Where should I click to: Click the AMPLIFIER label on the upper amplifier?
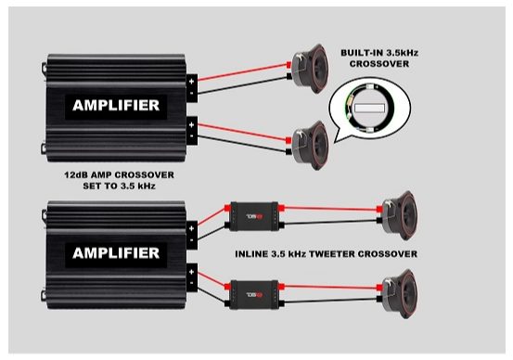point(116,105)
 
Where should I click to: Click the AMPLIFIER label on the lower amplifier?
point(116,251)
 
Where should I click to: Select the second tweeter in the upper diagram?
point(305,143)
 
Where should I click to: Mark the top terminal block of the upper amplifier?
point(191,87)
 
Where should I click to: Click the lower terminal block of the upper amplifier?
point(191,130)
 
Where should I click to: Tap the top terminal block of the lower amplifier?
point(191,235)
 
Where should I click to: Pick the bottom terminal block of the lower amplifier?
point(191,277)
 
